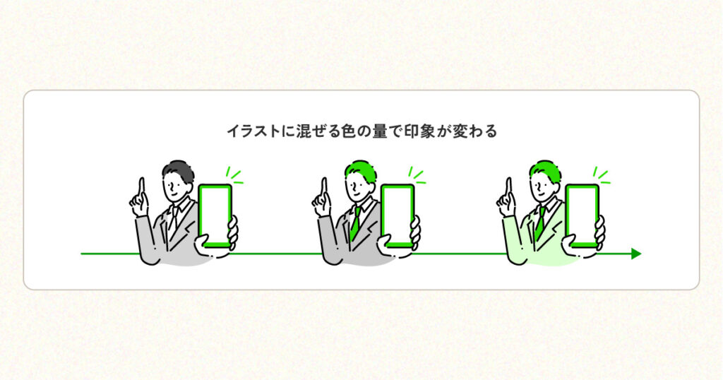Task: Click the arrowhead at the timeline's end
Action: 636,254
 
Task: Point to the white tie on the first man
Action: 173,220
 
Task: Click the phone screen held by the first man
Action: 215,215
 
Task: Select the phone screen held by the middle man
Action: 398,215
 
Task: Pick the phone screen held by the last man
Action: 582,215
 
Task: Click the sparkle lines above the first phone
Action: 234,176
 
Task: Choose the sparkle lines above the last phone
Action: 601,176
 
